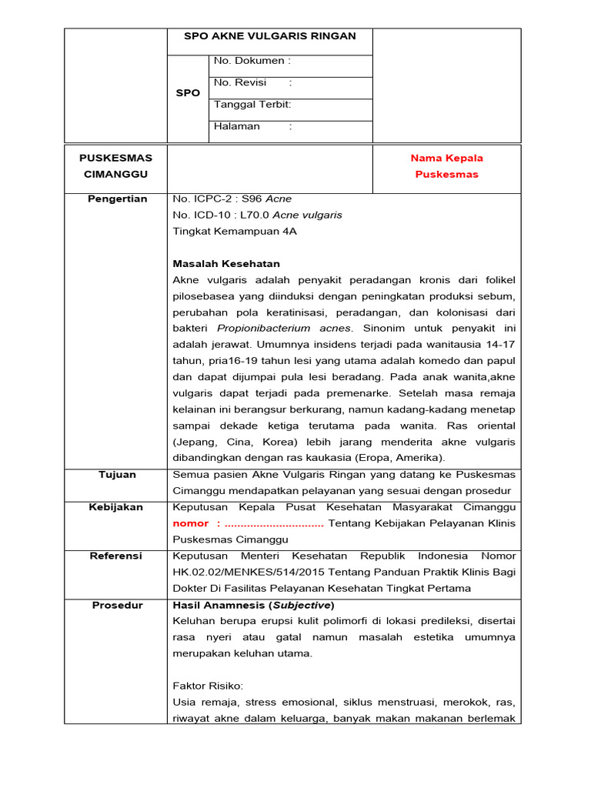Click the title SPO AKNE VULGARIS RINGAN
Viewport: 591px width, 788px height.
click(269, 36)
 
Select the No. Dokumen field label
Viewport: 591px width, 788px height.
click(252, 61)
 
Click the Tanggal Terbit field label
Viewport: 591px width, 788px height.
click(252, 105)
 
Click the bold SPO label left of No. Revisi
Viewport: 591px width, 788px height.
click(188, 93)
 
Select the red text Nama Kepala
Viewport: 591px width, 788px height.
click(446, 158)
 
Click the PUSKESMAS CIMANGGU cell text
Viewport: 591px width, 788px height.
click(115, 166)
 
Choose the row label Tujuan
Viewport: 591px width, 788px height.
click(117, 475)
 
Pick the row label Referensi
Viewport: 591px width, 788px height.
click(117, 556)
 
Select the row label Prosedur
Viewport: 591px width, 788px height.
click(117, 605)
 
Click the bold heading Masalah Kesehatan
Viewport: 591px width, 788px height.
click(226, 264)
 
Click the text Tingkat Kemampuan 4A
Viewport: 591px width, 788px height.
click(235, 231)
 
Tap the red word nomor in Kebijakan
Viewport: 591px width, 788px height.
click(190, 524)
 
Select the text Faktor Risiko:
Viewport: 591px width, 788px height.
click(208, 686)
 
